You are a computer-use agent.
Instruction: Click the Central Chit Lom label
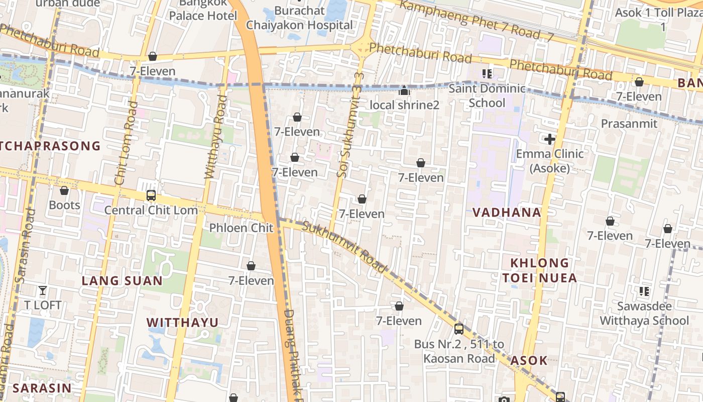(x=151, y=210)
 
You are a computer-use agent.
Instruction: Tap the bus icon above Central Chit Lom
(x=151, y=195)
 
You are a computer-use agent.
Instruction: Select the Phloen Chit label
(x=241, y=228)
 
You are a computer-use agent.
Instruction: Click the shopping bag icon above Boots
(x=64, y=190)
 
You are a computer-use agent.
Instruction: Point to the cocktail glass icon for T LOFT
(x=43, y=290)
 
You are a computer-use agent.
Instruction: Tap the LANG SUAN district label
(x=122, y=280)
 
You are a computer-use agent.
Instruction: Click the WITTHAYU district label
(x=182, y=322)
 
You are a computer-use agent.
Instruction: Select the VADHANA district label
(x=507, y=212)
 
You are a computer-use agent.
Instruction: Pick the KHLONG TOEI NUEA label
(x=540, y=270)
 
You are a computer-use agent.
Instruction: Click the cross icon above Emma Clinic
(x=550, y=139)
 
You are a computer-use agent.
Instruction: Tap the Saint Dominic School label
(x=487, y=95)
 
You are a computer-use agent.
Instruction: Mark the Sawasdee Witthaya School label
(x=644, y=313)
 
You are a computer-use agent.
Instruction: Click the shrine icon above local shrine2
(x=404, y=90)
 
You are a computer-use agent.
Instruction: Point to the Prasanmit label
(x=629, y=123)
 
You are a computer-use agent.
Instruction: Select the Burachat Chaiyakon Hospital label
(x=299, y=18)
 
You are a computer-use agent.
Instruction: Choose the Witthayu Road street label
(x=215, y=137)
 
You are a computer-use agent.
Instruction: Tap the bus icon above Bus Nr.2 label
(x=459, y=329)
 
